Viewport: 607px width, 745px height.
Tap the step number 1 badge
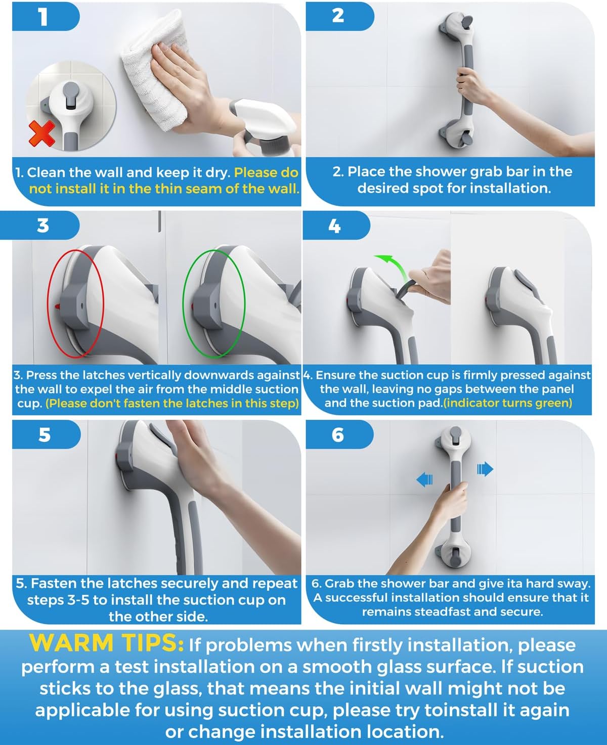click(44, 17)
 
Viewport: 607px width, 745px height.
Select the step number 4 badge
click(335, 226)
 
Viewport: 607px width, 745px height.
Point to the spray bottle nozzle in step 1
click(263, 119)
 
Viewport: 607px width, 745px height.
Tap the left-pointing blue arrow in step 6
click(424, 478)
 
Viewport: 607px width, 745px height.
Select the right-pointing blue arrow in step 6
click(485, 470)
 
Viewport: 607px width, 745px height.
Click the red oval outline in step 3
click(76, 302)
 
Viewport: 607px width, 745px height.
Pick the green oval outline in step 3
click(214, 302)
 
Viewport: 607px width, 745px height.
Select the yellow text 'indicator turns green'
click(507, 403)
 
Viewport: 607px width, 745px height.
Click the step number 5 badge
click(45, 434)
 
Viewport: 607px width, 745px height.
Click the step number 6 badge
click(338, 434)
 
